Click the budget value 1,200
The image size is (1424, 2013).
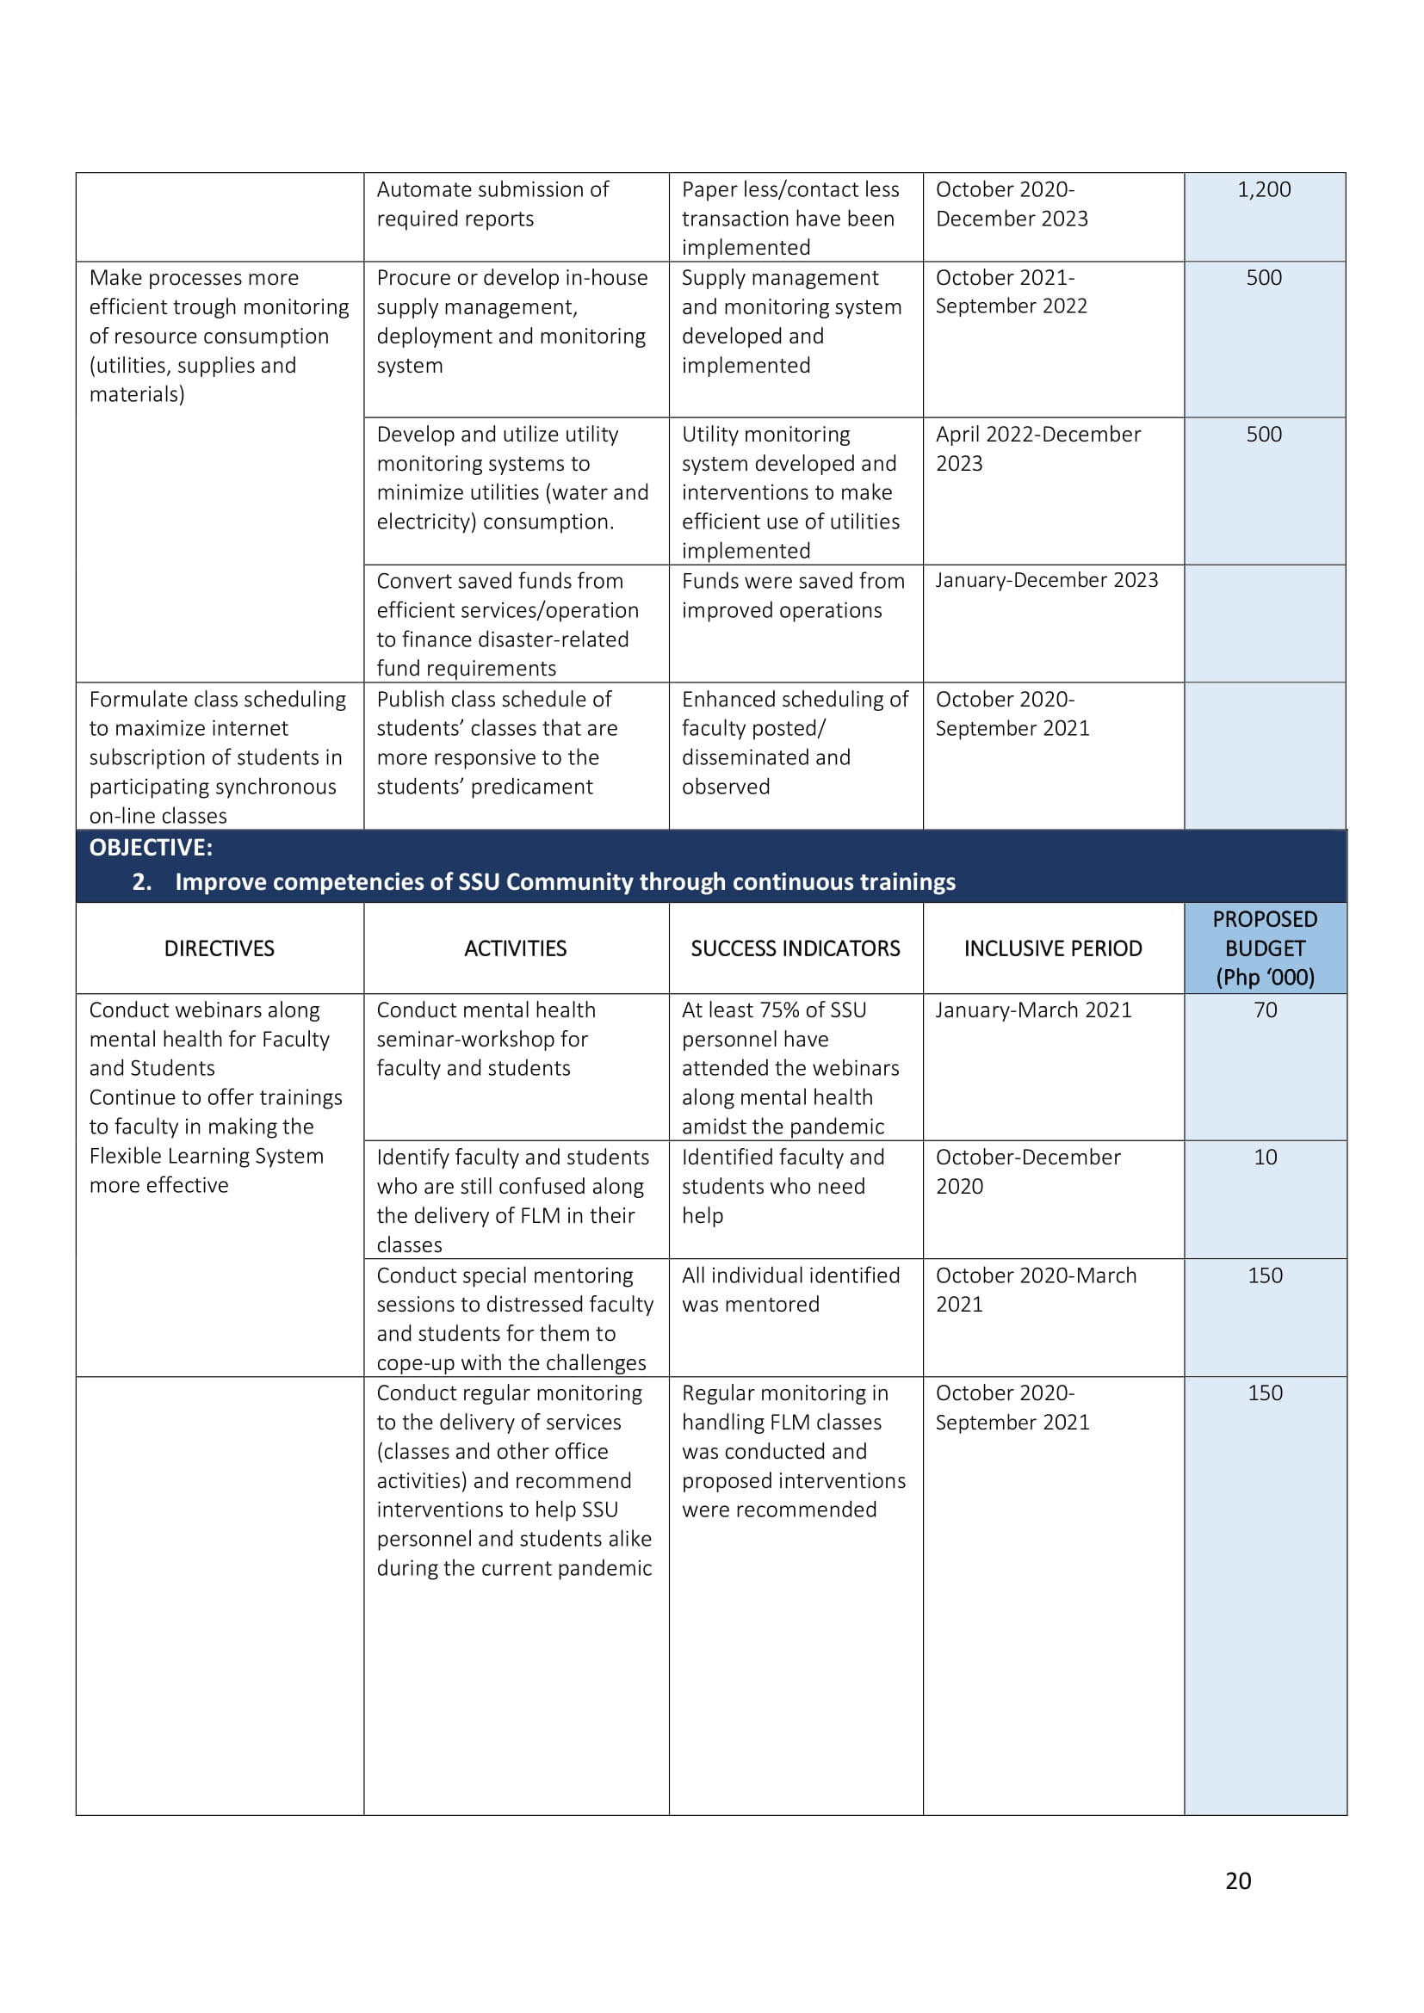click(1264, 189)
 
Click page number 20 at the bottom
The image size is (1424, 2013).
click(1237, 1880)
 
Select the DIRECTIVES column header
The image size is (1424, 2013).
click(220, 948)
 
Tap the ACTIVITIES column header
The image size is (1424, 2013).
click(516, 948)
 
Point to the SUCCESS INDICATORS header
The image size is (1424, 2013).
click(796, 948)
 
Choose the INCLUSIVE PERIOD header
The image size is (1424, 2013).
click(1053, 948)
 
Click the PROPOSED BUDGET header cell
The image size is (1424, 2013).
click(1265, 948)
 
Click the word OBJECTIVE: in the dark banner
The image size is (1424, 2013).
click(151, 848)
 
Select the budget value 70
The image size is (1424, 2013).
click(1265, 1010)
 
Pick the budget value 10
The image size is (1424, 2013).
click(1265, 1158)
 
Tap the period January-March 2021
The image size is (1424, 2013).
click(1033, 1010)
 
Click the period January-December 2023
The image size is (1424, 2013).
click(1046, 580)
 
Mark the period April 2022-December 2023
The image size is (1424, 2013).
click(1038, 448)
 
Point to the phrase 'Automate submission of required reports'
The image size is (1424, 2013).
click(492, 204)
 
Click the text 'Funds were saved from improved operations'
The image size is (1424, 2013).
click(793, 596)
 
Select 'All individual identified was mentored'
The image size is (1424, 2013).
click(790, 1290)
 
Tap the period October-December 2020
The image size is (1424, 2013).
click(1028, 1171)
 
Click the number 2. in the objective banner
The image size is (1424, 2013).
click(142, 882)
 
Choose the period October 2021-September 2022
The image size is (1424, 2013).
click(1011, 292)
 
